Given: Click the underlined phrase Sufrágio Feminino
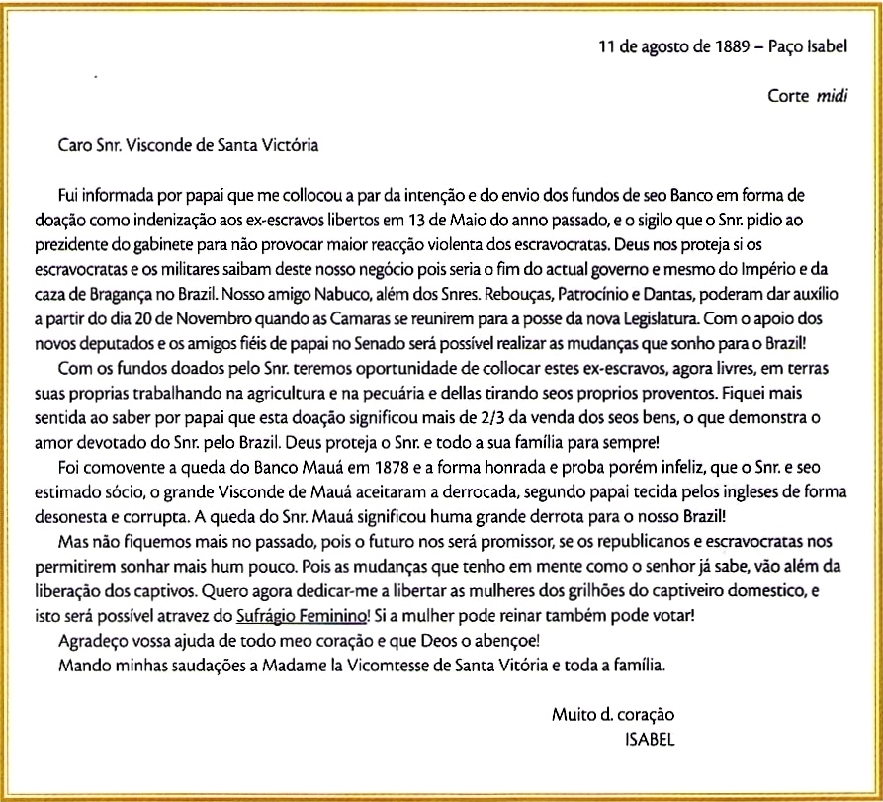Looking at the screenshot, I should point(303,615).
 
